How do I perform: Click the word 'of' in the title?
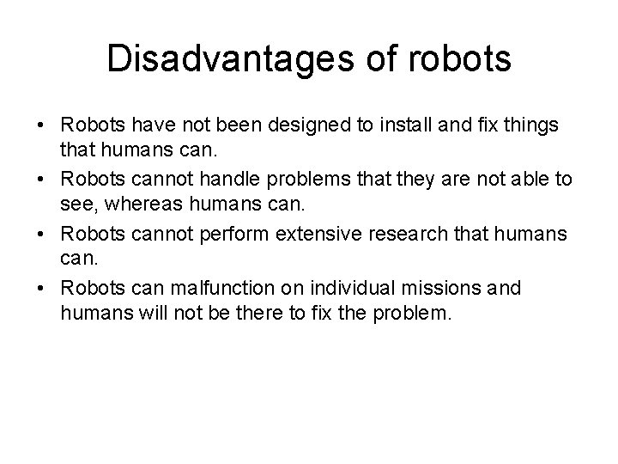(x=367, y=59)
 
